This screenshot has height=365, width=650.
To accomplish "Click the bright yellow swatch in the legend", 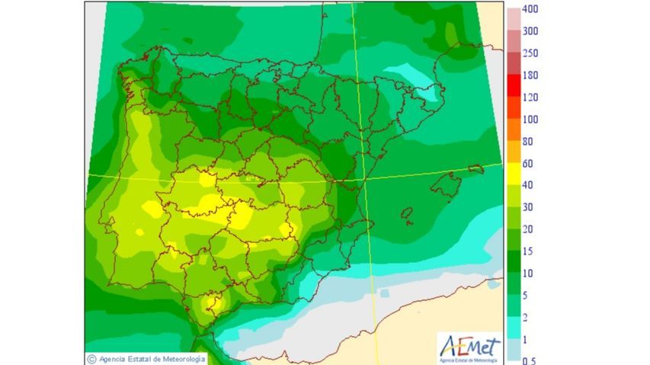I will (x=514, y=174).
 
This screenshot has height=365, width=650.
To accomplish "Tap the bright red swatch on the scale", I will (x=514, y=86).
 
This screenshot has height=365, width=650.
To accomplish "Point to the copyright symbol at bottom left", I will (x=91, y=359).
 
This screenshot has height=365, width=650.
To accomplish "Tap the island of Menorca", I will (x=476, y=168).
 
